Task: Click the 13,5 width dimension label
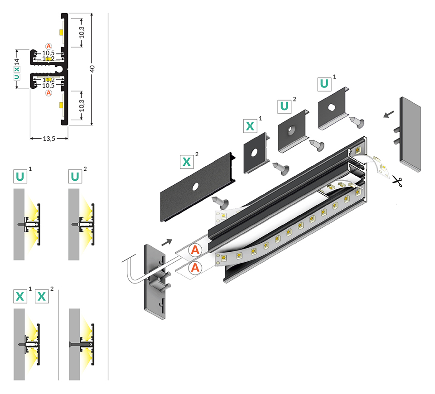coord(48,139)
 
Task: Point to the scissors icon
coord(398,181)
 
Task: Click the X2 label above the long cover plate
coord(187,161)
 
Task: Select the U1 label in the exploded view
coord(324,84)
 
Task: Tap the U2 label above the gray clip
coord(284,107)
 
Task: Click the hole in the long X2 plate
coord(195,186)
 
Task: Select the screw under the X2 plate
coord(220,202)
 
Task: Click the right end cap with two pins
coord(411,135)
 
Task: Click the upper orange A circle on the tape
coord(195,250)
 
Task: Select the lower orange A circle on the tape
coord(195,268)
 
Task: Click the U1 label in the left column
coord(20,176)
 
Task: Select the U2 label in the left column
coord(75,176)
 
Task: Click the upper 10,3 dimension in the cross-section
coord(81,33)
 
